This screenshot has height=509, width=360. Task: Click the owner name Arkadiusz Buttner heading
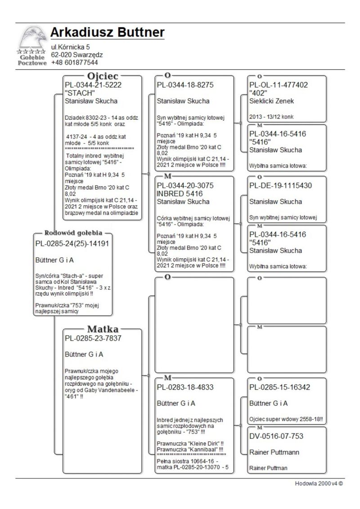[107, 33]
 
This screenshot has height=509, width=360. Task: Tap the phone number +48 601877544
[74, 63]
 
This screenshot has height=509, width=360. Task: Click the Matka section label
[103, 329]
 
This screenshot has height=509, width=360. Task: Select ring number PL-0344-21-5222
[93, 85]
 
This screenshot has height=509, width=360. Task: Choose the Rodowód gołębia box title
[73, 233]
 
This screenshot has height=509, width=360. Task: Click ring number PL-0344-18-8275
[185, 85]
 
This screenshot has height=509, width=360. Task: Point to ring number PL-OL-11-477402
[279, 85]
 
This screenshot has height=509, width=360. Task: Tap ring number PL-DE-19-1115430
[280, 185]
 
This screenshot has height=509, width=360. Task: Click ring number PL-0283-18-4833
[185, 387]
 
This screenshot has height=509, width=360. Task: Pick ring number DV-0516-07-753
[276, 436]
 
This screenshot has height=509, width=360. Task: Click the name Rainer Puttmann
[274, 452]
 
